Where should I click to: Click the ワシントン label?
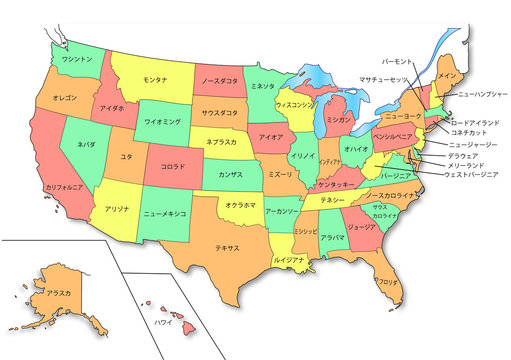[x=77, y=59]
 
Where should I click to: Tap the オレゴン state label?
[x=65, y=98]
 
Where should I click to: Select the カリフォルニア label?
[x=63, y=186]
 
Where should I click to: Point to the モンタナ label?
[x=154, y=79]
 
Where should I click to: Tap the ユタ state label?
[x=126, y=157]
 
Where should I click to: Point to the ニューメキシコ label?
[x=165, y=214]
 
